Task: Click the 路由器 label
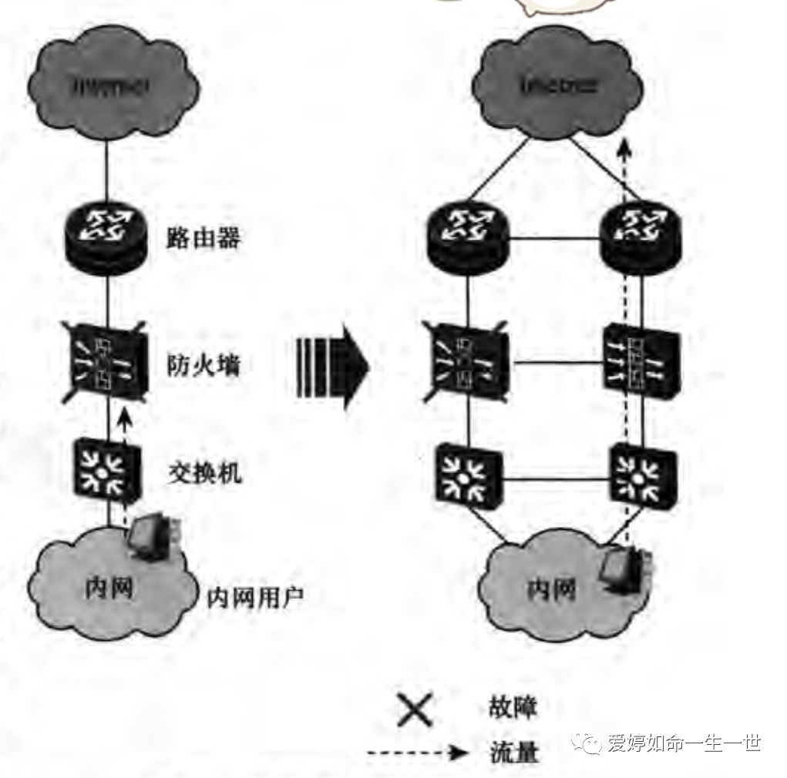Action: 203,238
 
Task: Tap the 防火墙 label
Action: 203,364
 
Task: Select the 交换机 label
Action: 203,471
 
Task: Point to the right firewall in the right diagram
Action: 639,360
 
